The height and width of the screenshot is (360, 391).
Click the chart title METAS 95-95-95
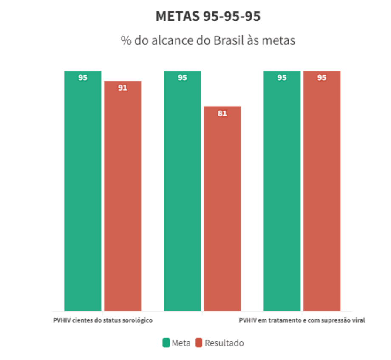(x=208, y=17)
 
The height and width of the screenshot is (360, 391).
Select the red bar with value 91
(x=122, y=196)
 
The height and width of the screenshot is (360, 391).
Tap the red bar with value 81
(x=222, y=208)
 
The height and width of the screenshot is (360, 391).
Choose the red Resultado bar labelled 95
(x=322, y=191)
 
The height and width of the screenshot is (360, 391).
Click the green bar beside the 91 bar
(x=83, y=191)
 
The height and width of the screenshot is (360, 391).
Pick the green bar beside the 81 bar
(x=182, y=191)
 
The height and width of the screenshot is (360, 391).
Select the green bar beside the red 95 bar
(x=282, y=191)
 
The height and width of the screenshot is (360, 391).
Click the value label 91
(x=122, y=88)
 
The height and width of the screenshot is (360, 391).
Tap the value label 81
(x=222, y=113)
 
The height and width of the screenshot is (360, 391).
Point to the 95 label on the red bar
(x=322, y=78)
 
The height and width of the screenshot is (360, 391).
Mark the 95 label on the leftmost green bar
(x=83, y=78)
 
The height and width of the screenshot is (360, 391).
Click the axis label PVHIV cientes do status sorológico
(x=103, y=320)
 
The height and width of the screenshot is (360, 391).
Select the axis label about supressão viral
(x=302, y=320)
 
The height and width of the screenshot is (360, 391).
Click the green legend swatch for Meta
(x=166, y=343)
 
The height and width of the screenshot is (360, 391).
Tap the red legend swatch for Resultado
(x=199, y=343)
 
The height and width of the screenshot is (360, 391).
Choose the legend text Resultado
(x=224, y=343)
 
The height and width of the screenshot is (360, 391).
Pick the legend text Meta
(x=181, y=343)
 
